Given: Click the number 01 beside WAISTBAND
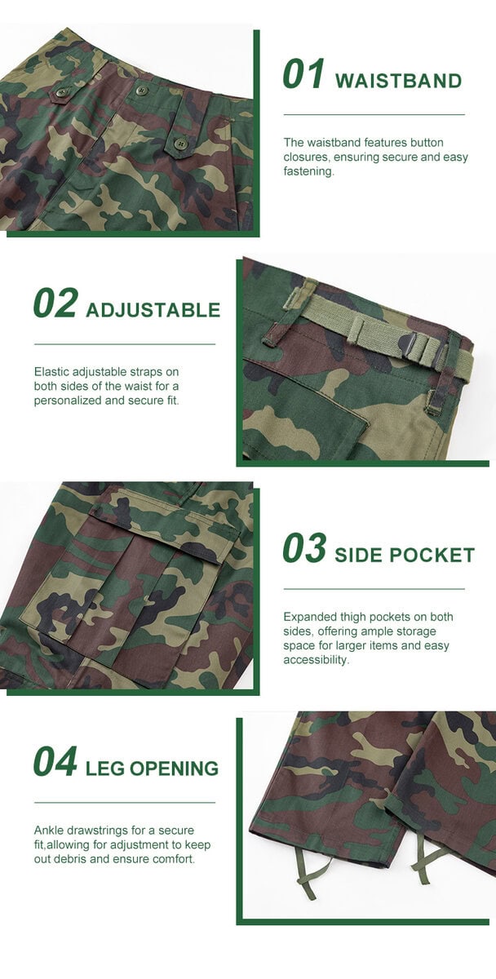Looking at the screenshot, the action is click(x=303, y=73).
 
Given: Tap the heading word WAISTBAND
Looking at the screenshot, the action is click(x=398, y=82).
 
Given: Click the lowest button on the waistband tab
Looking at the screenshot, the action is click(x=179, y=144).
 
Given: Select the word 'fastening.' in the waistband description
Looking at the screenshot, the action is click(x=308, y=171).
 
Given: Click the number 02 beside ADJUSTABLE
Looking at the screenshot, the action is click(x=55, y=303).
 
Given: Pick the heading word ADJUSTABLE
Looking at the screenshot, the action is click(x=153, y=310).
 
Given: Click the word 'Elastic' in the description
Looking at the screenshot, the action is click(x=52, y=372).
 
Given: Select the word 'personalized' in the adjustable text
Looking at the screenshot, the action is click(x=67, y=401).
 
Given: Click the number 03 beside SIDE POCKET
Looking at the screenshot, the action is click(x=304, y=547).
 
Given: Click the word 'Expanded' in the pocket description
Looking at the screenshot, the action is click(x=308, y=618).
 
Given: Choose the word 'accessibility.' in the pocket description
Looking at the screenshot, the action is click(x=317, y=659).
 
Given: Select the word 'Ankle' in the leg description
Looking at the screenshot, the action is click(x=48, y=831).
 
